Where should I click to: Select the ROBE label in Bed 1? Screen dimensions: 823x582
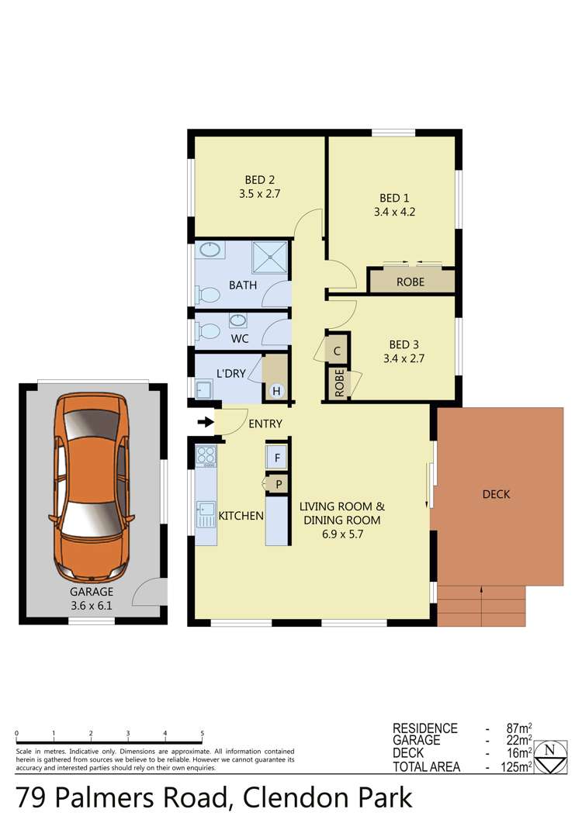coord(411,282)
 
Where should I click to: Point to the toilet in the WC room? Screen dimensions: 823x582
coord(208,331)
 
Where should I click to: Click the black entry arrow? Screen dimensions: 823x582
coord(205,423)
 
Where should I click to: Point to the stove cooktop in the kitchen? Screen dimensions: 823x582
coord(206,457)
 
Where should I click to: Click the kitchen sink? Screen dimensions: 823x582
coord(206,510)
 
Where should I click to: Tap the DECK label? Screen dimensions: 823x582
coord(497,494)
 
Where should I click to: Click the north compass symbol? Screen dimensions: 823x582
coord(550,756)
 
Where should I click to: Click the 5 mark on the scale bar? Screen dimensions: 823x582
coord(203,732)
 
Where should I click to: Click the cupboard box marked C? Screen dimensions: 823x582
coord(338,351)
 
